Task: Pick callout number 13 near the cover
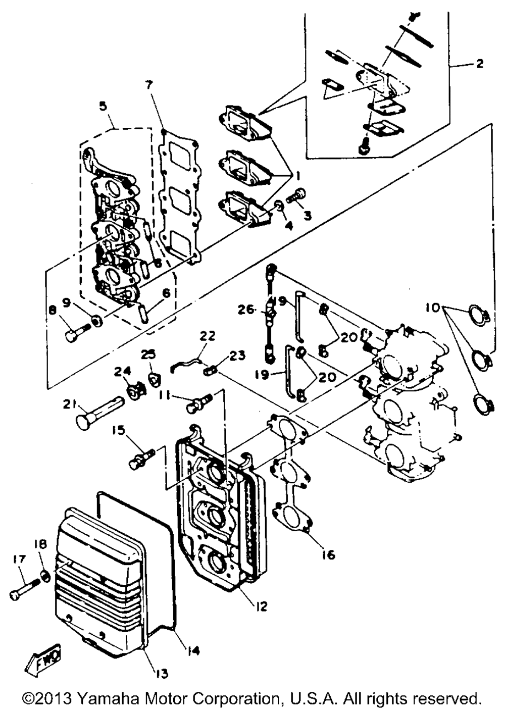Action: [x=162, y=673]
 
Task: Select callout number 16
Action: [x=328, y=555]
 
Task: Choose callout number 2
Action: [x=479, y=64]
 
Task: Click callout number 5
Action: [x=103, y=107]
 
